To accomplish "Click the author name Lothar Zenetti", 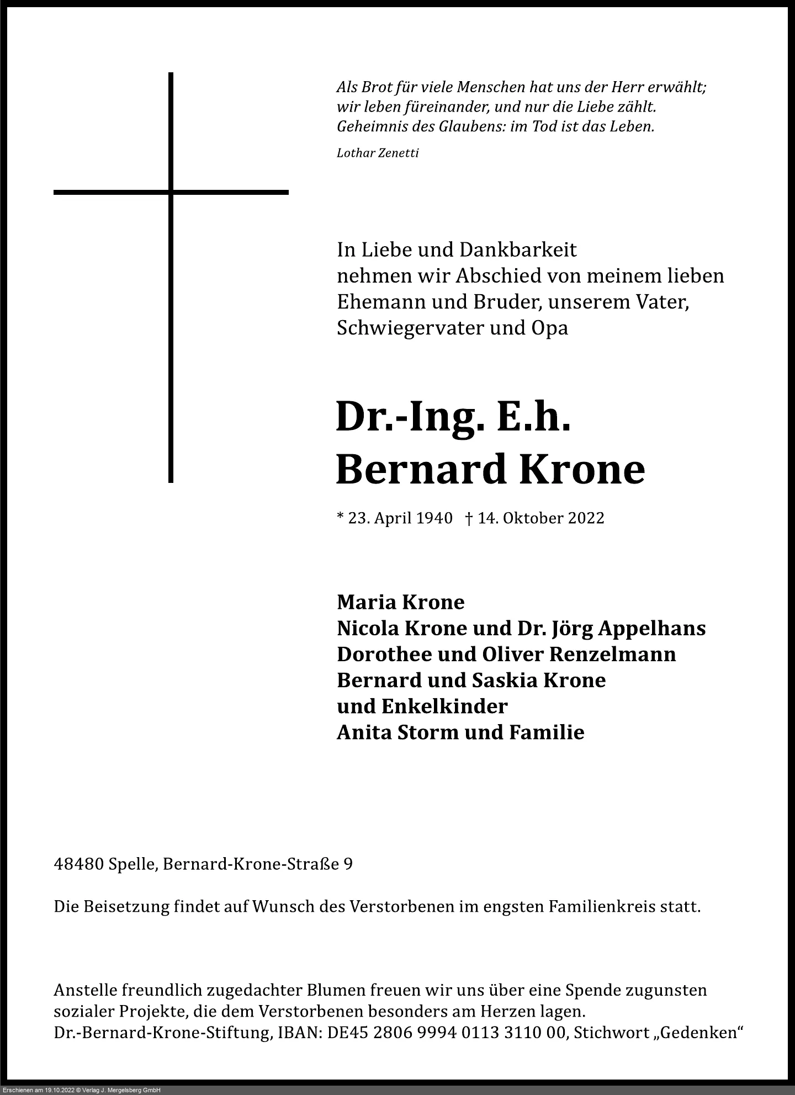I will (x=378, y=153).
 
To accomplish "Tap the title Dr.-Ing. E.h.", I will (x=453, y=417).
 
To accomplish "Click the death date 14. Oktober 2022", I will (x=540, y=518).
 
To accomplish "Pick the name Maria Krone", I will (x=400, y=602).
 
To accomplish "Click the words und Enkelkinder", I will (x=422, y=706).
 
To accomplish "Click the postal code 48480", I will (x=79, y=864).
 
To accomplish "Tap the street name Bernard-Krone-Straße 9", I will (x=258, y=864).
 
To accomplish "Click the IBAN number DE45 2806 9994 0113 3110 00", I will (x=448, y=1033).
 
